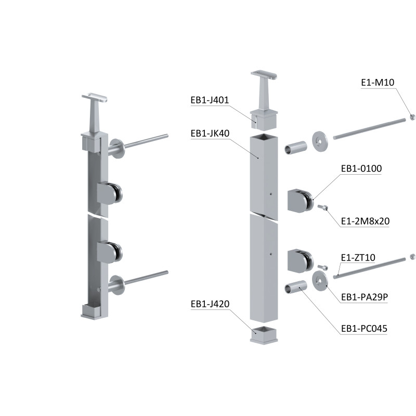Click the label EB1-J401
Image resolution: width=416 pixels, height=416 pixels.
tap(210, 100)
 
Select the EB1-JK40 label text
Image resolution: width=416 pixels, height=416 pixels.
tap(210, 133)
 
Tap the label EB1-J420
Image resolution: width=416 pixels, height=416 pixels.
tap(210, 304)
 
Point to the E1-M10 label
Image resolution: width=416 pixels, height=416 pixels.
tap(378, 82)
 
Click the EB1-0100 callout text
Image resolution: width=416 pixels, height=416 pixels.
tap(361, 168)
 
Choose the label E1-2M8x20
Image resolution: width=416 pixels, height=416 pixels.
tap(365, 221)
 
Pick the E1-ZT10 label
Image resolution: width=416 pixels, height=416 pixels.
tap(358, 257)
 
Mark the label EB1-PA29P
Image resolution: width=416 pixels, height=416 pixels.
tap(365, 297)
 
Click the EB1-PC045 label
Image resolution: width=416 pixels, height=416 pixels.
tap(364, 329)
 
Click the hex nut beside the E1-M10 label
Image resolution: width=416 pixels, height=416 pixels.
tap(412, 116)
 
